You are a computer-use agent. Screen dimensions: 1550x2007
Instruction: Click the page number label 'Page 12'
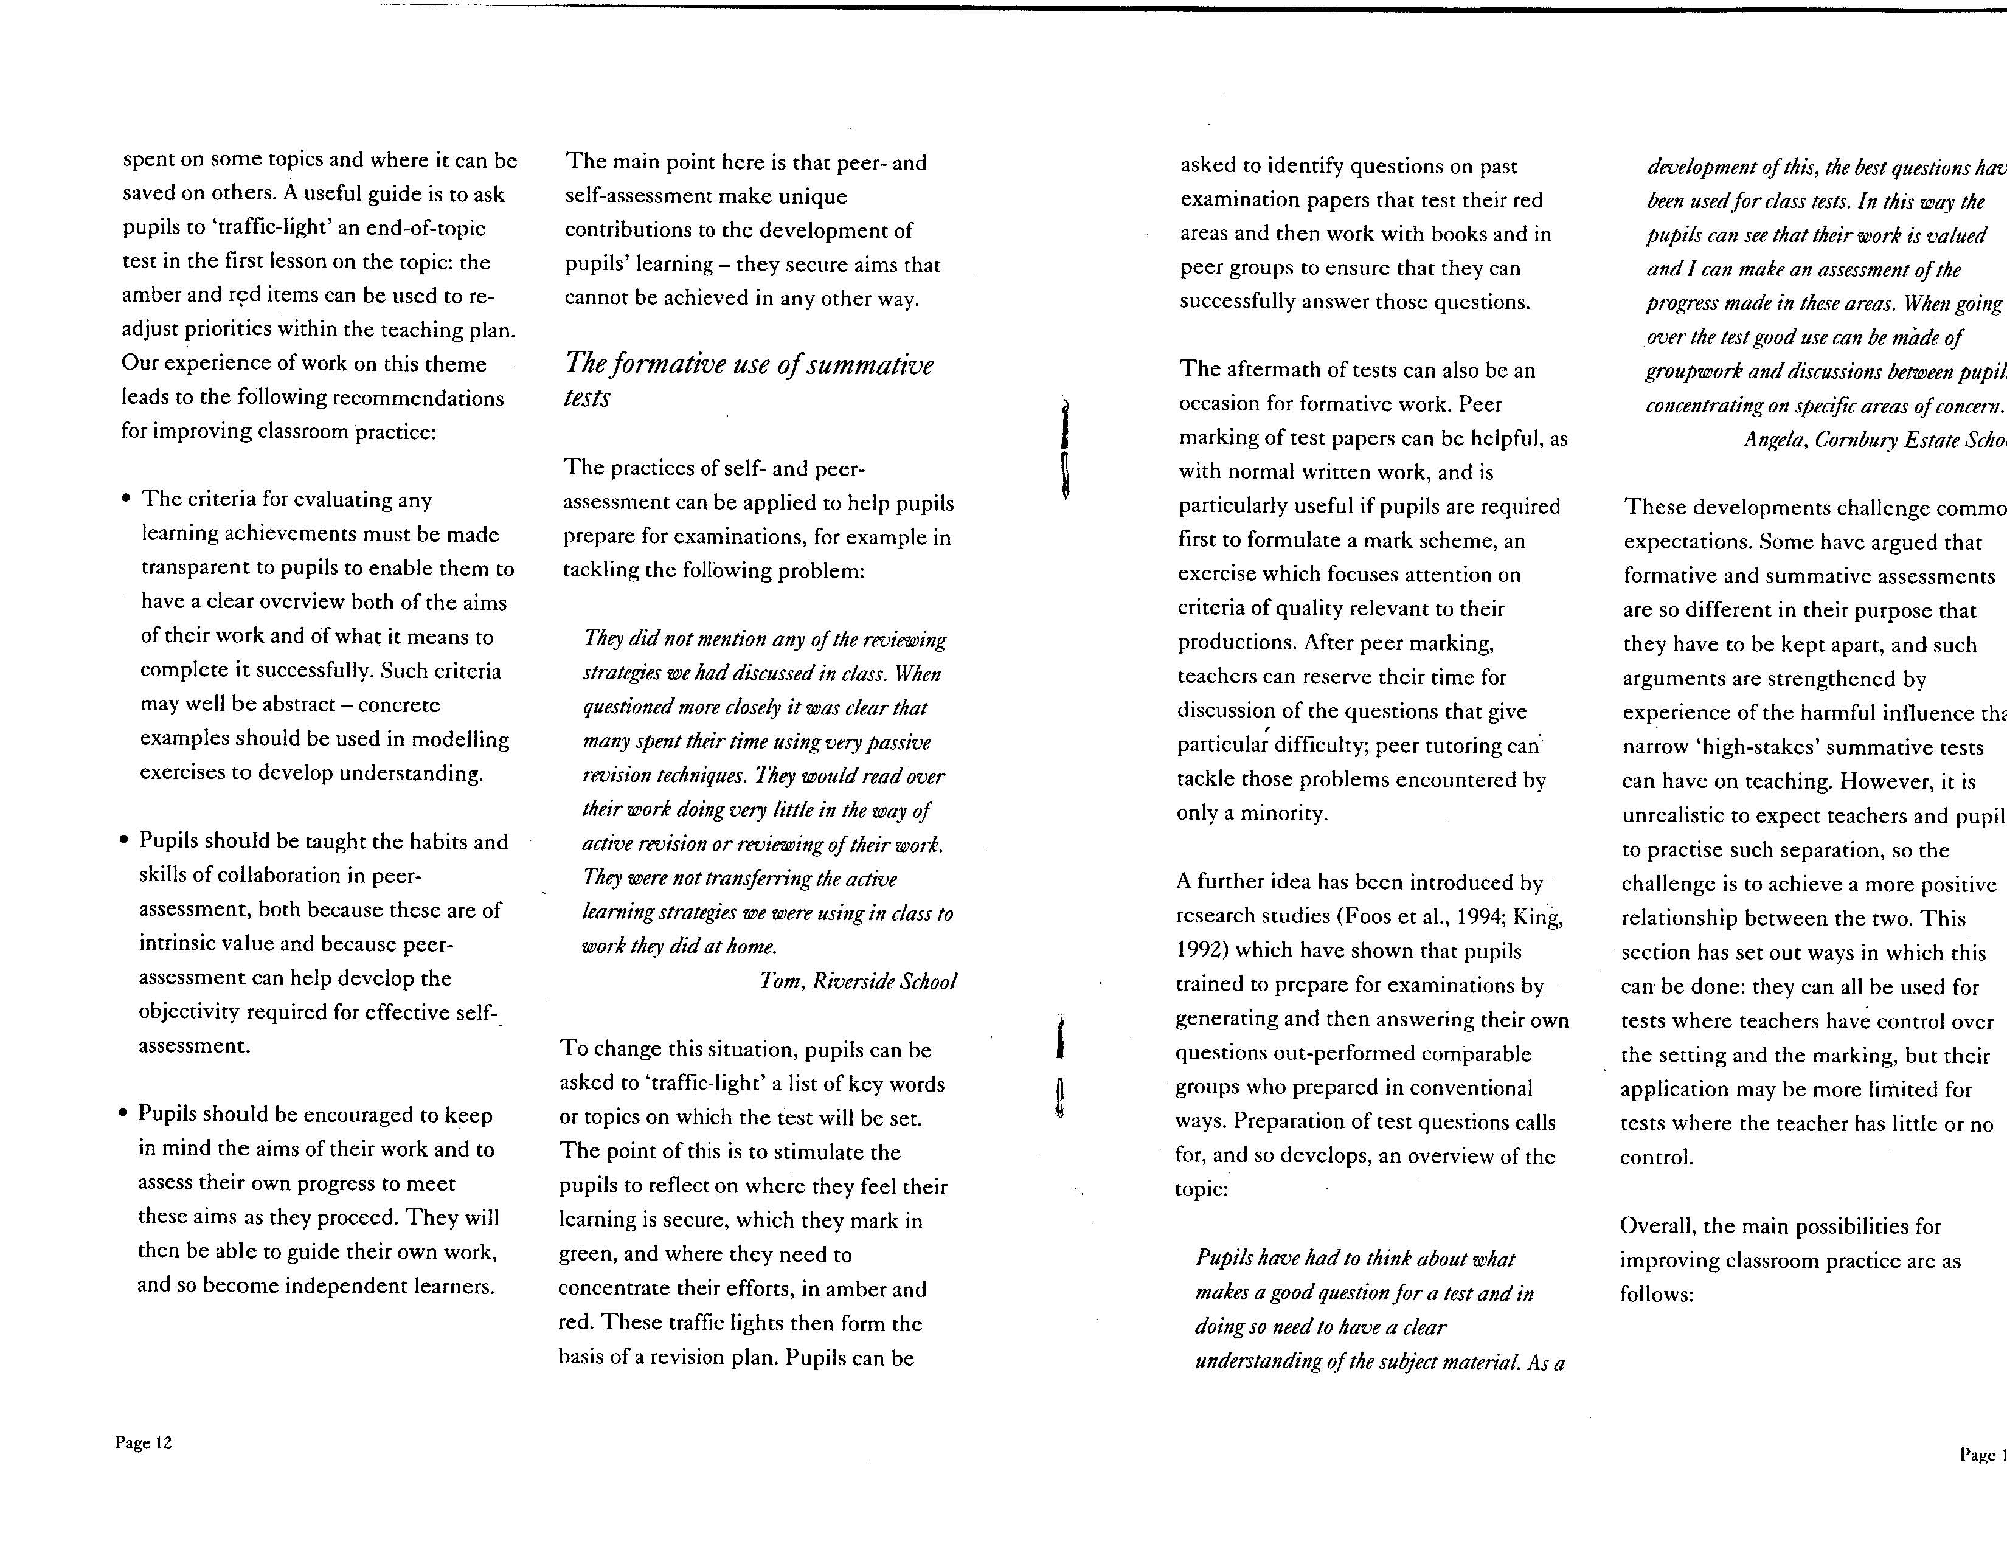(144, 1442)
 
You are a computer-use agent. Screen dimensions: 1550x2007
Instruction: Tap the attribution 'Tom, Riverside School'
(858, 981)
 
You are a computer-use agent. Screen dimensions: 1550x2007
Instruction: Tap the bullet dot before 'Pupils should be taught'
(124, 842)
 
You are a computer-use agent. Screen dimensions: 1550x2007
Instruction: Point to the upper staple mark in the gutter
(1064, 448)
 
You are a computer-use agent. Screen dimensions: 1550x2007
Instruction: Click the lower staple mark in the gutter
(1061, 1066)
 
